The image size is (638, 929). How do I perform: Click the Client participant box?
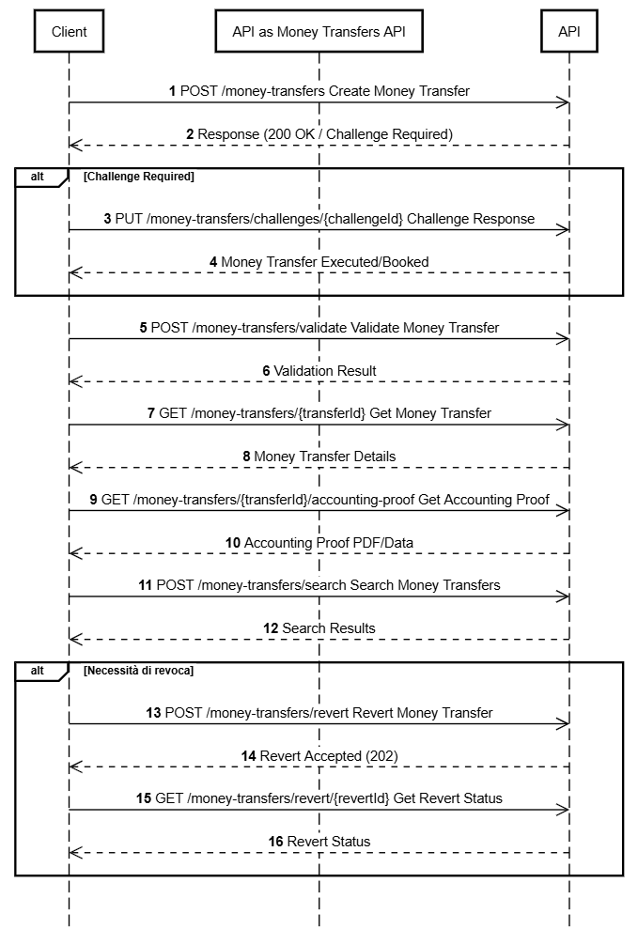tap(69, 31)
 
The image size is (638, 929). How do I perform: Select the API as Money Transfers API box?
tap(319, 31)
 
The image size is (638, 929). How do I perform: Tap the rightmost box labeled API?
tap(568, 31)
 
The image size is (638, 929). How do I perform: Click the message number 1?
tap(172, 91)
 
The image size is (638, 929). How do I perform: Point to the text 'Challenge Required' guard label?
tap(139, 177)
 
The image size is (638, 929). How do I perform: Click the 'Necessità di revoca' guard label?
tap(139, 671)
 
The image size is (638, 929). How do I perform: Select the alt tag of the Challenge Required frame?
tap(38, 177)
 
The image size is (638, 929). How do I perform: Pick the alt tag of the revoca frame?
tap(38, 671)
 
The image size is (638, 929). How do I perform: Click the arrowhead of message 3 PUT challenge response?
tap(563, 230)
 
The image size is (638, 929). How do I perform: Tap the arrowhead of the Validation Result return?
tap(75, 381)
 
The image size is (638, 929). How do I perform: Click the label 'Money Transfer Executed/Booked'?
tap(324, 262)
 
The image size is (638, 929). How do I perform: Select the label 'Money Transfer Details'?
tap(324, 457)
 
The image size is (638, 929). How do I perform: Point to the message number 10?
tap(233, 543)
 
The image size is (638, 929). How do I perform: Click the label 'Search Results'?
tap(329, 628)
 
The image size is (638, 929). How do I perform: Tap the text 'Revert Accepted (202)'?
tap(329, 756)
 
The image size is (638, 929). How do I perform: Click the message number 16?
tap(275, 842)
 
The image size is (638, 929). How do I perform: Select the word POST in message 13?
tap(183, 713)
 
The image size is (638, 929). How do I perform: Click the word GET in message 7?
tap(172, 413)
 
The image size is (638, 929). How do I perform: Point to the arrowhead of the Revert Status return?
tap(75, 853)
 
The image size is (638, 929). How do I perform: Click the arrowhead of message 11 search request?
tap(563, 596)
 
